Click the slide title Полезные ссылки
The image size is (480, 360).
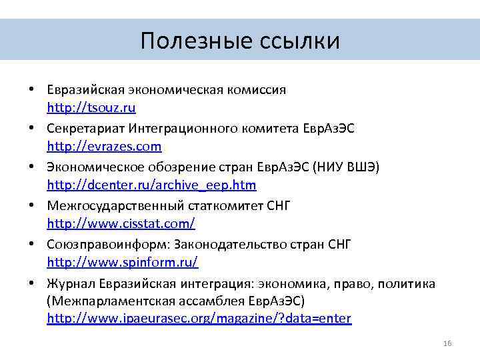tap(240, 41)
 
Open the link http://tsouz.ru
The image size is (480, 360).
tap(91, 107)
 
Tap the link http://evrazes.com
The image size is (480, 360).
tap(104, 145)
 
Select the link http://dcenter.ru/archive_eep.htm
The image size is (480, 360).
tap(151, 184)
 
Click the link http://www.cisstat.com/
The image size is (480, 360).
tap(121, 223)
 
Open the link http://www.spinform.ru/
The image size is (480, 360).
tap(123, 261)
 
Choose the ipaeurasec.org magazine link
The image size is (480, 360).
tap(199, 318)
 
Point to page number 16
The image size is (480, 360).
tap(447, 343)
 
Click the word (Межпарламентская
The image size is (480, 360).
tap(111, 301)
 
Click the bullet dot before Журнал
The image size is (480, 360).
tap(31, 283)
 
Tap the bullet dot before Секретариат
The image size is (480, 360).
tap(31, 127)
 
